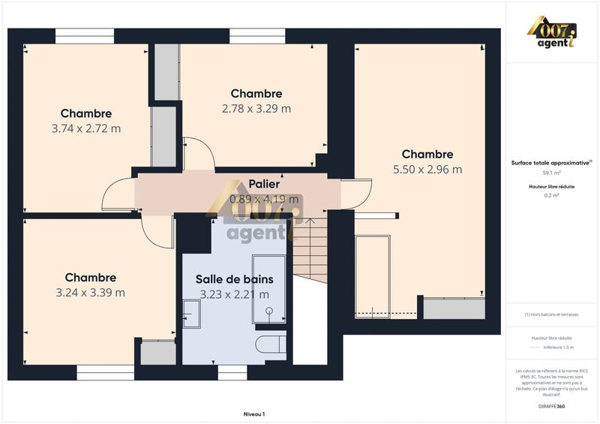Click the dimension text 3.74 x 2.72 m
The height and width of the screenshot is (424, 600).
tap(86, 128)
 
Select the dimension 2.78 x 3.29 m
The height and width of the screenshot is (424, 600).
tap(256, 109)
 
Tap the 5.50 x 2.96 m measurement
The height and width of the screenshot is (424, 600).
tap(427, 170)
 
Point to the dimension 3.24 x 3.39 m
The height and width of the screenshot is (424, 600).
tap(90, 293)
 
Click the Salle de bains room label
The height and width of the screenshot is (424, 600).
tap(234, 279)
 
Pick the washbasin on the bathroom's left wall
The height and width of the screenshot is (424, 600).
tap(190, 313)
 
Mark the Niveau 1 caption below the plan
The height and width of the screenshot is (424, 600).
tap(254, 413)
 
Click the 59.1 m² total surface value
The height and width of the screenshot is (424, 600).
tap(552, 172)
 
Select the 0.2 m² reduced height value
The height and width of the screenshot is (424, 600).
tap(552, 194)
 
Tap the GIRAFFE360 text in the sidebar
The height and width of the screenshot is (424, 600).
tap(551, 406)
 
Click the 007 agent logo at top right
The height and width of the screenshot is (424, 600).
tap(551, 34)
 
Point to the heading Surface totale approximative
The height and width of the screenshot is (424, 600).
tap(550, 162)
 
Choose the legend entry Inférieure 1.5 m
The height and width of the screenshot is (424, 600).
tap(558, 347)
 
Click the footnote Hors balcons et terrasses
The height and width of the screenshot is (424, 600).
tap(552, 314)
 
